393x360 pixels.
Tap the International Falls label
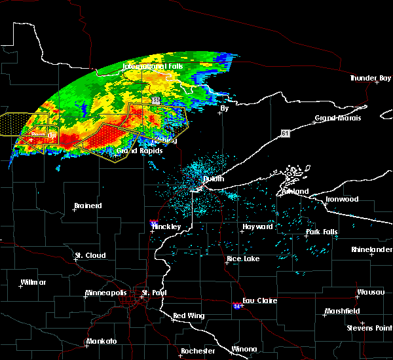point(153,66)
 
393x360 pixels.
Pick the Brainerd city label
point(88,206)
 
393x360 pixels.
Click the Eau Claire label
point(261,300)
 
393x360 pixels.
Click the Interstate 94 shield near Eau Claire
point(236,306)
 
